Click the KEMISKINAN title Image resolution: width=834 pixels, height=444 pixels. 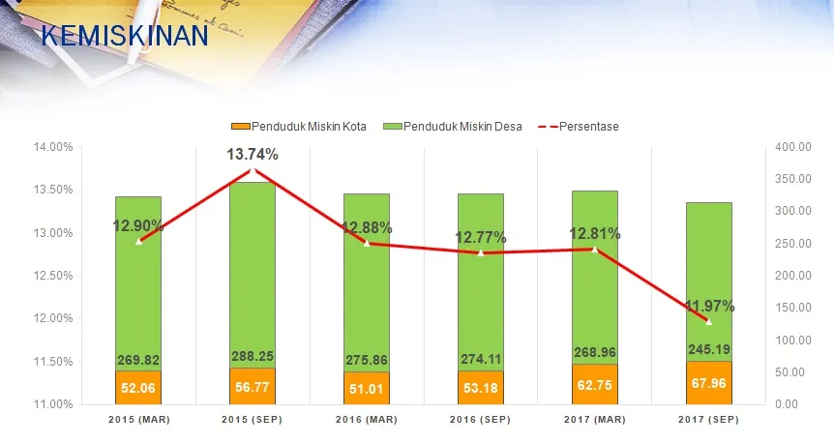[125, 36]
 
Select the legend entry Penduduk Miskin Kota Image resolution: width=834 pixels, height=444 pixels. [299, 127]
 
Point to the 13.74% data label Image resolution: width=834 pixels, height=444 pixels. [253, 154]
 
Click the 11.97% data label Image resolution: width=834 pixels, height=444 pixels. [710, 306]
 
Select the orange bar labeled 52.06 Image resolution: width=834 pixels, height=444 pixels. [138, 387]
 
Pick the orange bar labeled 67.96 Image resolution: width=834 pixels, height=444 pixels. [709, 382]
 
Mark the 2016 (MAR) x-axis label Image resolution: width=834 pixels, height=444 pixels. [367, 420]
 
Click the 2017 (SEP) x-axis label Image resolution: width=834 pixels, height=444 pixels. [709, 420]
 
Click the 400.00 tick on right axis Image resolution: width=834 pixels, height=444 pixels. [790, 147]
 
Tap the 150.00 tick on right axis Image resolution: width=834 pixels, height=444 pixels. [790, 308]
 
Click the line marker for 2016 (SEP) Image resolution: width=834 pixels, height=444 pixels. [481, 253]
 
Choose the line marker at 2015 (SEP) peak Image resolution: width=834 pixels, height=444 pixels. [253, 170]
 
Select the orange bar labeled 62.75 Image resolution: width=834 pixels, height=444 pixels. [595, 384]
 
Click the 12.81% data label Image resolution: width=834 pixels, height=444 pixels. [596, 233]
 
